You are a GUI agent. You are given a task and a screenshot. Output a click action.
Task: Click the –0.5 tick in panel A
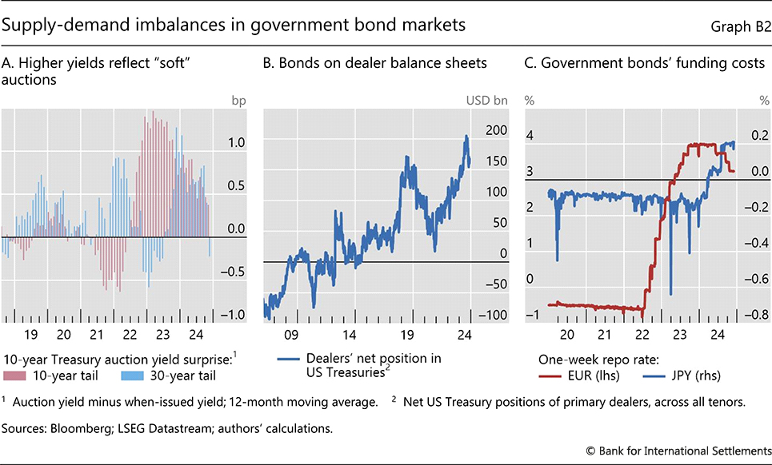[235, 272]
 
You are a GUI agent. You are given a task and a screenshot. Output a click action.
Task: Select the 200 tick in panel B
[497, 130]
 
